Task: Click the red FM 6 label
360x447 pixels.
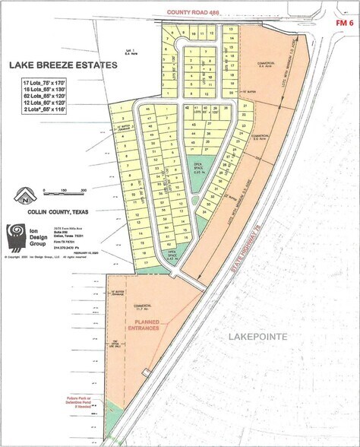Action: pos(343,24)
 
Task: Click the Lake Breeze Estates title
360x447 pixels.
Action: pos(63,65)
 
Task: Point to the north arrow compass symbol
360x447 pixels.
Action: pos(27,195)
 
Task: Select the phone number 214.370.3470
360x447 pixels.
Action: pos(62,248)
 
